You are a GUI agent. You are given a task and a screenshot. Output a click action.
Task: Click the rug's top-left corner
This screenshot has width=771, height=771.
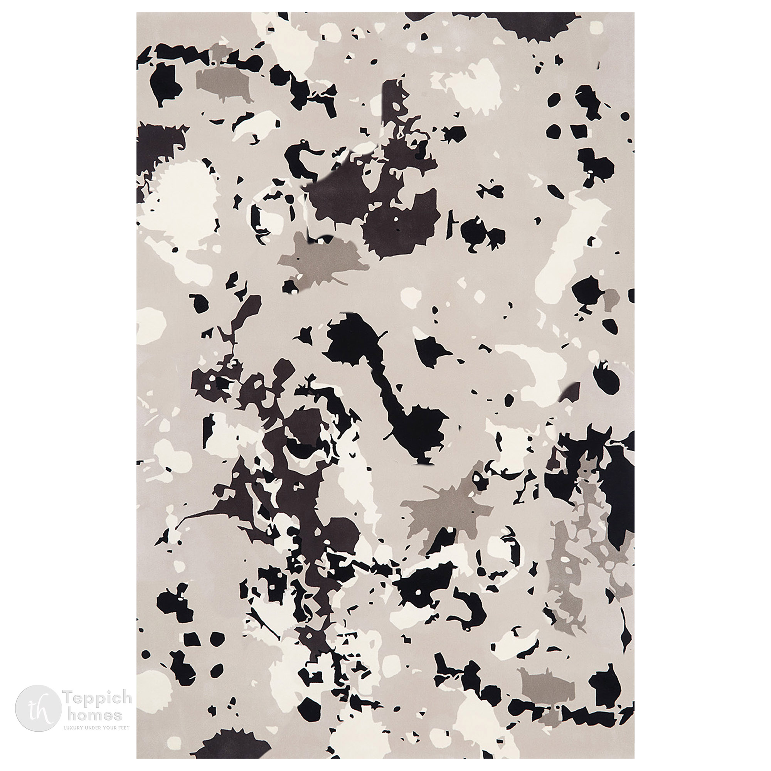137,13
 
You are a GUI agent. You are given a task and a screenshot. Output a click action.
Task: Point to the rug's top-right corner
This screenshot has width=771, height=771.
634,13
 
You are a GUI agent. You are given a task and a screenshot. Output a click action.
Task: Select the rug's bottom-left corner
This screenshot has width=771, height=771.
137,758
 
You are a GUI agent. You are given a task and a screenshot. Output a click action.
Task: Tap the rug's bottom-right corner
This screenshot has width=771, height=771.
634,758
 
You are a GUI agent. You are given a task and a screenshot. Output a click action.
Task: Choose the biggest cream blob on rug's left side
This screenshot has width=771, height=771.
183,188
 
